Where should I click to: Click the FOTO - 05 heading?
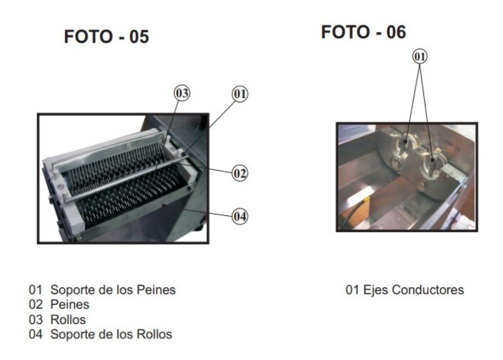pos(107,37)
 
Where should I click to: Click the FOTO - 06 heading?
pos(363,32)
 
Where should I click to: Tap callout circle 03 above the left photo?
pos(182,93)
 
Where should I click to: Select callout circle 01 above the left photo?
pos(240,94)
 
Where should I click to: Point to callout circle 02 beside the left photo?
pos(240,173)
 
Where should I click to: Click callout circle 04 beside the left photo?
pos(240,217)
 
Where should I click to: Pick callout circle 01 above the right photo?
pos(420,56)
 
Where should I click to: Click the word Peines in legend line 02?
pos(70,305)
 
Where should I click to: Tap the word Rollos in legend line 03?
pos(68,320)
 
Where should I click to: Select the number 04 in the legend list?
pos(35,335)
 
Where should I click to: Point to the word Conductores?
pos(428,290)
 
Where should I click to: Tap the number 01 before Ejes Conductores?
pos(353,290)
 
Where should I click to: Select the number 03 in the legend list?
pos(35,320)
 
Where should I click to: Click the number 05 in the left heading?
pos(139,37)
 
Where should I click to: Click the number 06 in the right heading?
pos(396,32)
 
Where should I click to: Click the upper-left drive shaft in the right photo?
pos(404,144)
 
